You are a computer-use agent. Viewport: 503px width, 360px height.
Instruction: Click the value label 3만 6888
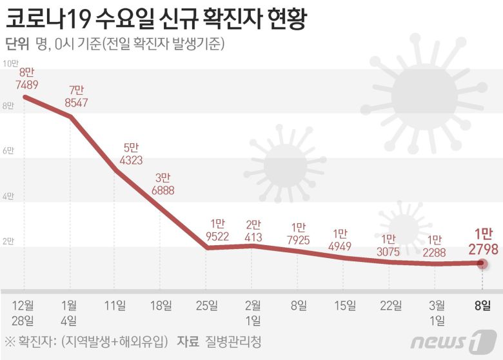coord(163,184)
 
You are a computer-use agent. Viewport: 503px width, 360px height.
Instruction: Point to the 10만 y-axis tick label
coord(11,63)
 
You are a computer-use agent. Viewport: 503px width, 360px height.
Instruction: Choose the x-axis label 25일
coord(208,305)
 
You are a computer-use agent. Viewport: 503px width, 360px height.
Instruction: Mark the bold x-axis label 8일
coord(482,305)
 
